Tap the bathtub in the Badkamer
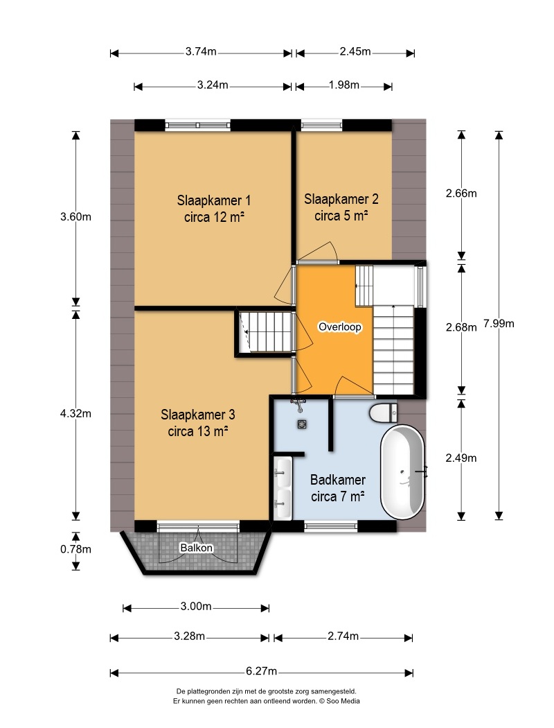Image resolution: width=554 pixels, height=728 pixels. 402,471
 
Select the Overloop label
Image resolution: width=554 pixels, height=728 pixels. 340,327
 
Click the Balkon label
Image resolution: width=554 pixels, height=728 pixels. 197,548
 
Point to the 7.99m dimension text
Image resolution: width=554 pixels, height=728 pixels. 499,324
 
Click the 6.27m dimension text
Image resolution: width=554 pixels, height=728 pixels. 262,671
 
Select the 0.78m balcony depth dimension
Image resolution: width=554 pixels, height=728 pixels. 75,549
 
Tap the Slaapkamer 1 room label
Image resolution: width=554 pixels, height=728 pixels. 214,209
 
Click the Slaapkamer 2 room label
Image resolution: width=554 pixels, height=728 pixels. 341,207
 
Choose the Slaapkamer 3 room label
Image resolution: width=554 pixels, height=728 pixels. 198,422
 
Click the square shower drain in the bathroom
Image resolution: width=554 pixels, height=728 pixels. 303,424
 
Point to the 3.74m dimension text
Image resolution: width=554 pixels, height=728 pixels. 202,51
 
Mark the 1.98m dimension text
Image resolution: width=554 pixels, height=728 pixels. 344,85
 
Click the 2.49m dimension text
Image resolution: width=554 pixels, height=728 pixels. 461,458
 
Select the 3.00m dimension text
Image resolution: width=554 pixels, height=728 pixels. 196,607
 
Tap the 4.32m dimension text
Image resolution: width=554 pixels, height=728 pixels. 75,414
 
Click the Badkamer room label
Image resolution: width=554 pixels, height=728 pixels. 338,488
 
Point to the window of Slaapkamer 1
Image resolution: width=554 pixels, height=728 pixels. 198,125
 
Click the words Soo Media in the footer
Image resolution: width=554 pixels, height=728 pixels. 343,701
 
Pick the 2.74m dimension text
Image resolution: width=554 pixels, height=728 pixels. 343,636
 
